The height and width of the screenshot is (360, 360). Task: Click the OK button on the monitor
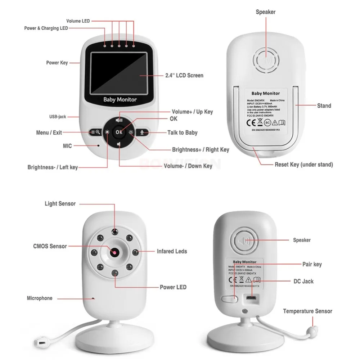pyautogui.click(x=119, y=132)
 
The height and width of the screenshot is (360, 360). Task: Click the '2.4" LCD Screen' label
pyautogui.click(x=184, y=76)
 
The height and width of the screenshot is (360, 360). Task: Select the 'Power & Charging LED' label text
pyautogui.click(x=46, y=28)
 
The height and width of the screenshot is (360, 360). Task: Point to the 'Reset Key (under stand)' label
pyautogui.click(x=304, y=165)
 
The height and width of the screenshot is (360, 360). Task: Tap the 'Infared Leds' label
pyautogui.click(x=172, y=251)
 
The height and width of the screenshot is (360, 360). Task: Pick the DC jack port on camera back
pyautogui.click(x=251, y=298)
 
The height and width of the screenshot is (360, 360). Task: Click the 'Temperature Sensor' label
pyautogui.click(x=307, y=311)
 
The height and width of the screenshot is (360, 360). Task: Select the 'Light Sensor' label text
pyautogui.click(x=60, y=204)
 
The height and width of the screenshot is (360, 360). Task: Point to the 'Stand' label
pyautogui.click(x=324, y=106)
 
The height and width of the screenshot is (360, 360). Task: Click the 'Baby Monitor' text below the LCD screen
pyautogui.click(x=120, y=100)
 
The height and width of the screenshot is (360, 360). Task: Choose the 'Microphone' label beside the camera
pyautogui.click(x=40, y=298)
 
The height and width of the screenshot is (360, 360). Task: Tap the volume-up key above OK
pyautogui.click(x=119, y=120)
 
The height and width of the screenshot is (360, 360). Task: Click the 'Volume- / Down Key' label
pyautogui.click(x=188, y=166)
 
